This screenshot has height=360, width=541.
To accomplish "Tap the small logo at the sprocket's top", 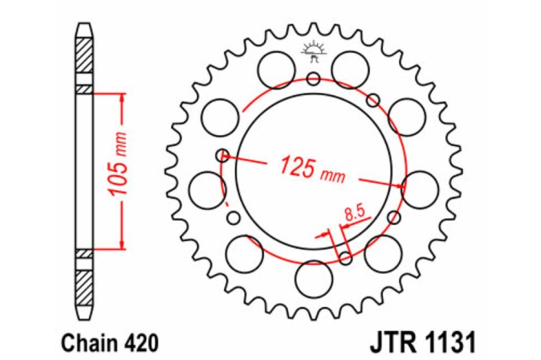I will click(312, 51).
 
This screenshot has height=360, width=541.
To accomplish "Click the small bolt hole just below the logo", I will click(312, 78).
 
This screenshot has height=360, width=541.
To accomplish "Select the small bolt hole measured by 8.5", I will click(345, 256).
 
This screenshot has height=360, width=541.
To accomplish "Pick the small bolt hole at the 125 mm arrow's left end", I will click(223, 155).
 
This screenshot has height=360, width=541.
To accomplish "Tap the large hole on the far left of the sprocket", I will click(206, 189).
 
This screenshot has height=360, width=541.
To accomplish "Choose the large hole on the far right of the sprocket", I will click(419, 188).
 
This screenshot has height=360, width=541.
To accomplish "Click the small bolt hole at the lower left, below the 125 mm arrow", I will click(232, 218).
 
